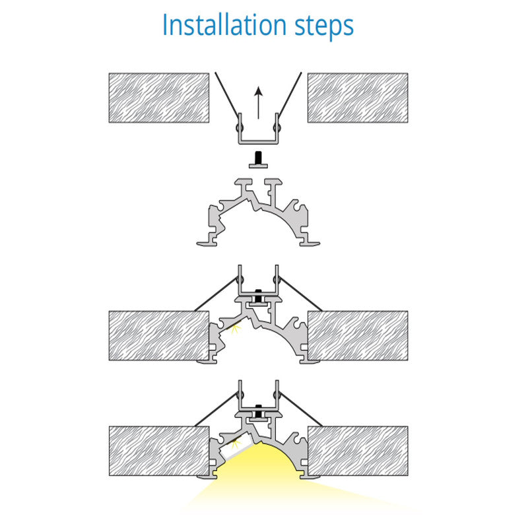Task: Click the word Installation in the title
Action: point(224,24)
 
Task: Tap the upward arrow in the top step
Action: point(258,103)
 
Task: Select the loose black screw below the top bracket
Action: point(258,160)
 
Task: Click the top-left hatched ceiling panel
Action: point(159,98)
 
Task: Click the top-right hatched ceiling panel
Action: point(358,98)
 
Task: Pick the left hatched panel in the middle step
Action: point(159,336)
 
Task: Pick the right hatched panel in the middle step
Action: point(358,336)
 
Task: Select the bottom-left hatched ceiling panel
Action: point(159,451)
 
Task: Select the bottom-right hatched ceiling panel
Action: point(358,451)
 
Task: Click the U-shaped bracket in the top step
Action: point(258,142)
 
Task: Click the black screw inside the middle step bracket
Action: point(258,296)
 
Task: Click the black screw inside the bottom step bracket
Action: point(258,411)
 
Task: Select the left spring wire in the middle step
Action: point(216,294)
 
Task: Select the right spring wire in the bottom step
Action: point(300,409)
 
